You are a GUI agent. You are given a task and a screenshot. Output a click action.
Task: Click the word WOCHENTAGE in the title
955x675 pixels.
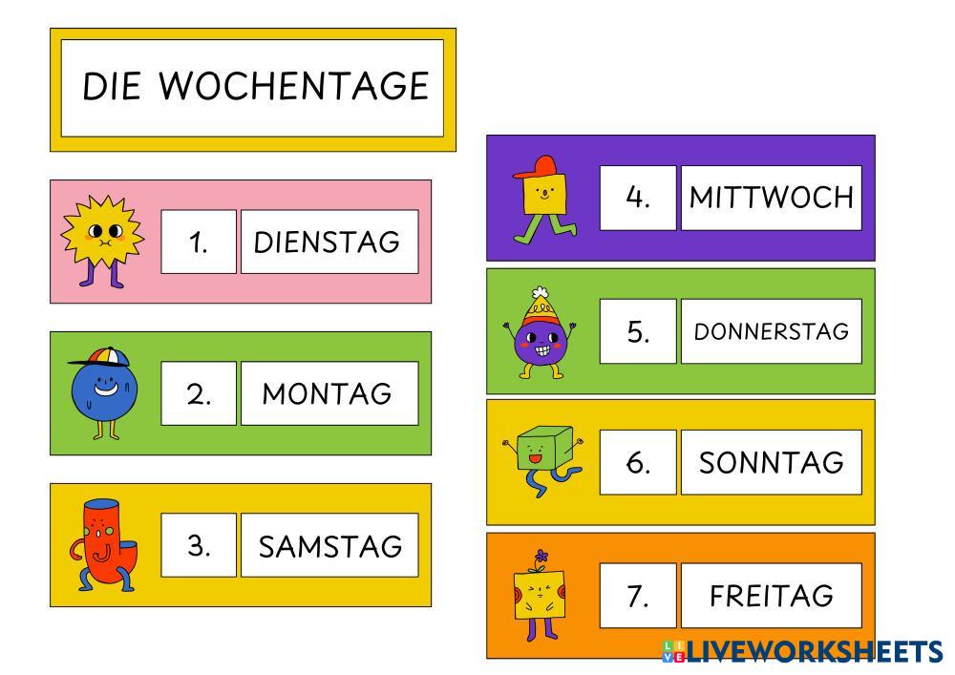293,86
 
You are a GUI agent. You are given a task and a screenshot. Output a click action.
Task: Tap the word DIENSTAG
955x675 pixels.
327,242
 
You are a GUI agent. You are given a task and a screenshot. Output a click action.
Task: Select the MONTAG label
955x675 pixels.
327,393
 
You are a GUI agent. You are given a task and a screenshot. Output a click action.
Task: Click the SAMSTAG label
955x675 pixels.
329,546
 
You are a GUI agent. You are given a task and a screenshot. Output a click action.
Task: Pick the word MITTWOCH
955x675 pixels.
771,198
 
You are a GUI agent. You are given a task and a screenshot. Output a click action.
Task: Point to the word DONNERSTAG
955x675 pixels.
771,331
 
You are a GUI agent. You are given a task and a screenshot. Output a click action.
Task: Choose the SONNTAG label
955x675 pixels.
771,463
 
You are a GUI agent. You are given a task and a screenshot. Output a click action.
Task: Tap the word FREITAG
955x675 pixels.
771,596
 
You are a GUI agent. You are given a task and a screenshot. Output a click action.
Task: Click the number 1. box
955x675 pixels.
199,242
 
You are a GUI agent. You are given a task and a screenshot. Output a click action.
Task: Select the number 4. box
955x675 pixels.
638,198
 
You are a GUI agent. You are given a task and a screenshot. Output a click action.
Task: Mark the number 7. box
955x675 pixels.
638,596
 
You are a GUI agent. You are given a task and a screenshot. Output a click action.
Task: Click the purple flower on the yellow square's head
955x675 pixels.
542,556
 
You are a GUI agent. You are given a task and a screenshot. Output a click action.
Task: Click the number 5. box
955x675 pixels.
638,331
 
